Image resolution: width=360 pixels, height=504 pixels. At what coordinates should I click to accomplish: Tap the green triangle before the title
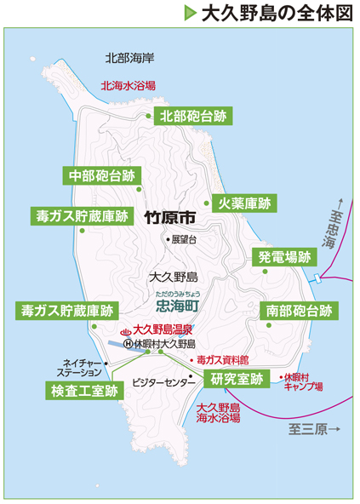pyautogui.click(x=190, y=14)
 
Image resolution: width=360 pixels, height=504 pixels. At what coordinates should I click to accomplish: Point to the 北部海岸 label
pyautogui.click(x=129, y=59)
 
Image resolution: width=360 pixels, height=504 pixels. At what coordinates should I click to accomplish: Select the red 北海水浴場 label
pyautogui.click(x=129, y=85)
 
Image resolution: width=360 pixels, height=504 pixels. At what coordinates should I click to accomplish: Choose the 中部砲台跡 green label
pyautogui.click(x=102, y=176)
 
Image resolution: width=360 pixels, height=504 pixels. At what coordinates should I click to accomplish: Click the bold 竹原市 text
pyautogui.click(x=170, y=216)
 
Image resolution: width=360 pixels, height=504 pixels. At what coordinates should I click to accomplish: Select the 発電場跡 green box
pyautogui.click(x=283, y=257)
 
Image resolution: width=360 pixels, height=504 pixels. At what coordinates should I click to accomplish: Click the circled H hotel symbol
pyautogui.click(x=128, y=344)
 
